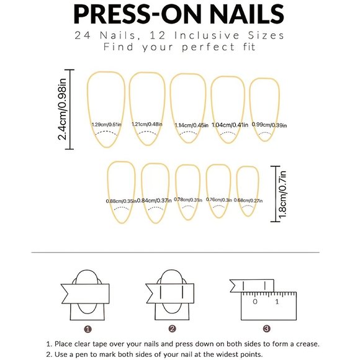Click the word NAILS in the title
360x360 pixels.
pyautogui.click(x=247, y=14)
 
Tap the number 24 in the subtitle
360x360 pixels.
pyautogui.click(x=83, y=35)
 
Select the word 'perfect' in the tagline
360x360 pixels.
pyautogui.click(x=209, y=47)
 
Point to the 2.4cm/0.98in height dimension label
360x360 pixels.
pyautogui.click(x=62, y=109)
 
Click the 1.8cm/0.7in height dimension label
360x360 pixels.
pyautogui.click(x=282, y=195)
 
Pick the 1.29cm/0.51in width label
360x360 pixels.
pyautogui.click(x=106, y=125)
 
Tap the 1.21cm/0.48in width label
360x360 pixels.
pyautogui.click(x=147, y=124)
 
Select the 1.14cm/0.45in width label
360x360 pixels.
pyautogui.click(x=191, y=125)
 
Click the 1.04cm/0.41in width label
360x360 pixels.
pyautogui.click(x=230, y=125)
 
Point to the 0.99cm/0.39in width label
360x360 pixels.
pyautogui.click(x=269, y=125)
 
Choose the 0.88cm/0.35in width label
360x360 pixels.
pyautogui.click(x=121, y=201)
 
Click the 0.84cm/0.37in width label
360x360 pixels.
pyautogui.click(x=155, y=200)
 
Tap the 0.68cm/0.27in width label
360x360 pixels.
pyautogui.click(x=248, y=200)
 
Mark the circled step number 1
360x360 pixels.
pyautogui.click(x=88, y=329)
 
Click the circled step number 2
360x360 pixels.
pyautogui.click(x=172, y=329)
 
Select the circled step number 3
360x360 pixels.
pyautogui.click(x=266, y=329)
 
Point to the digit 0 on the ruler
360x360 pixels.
pyautogui.click(x=255, y=302)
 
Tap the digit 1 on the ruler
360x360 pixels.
pyautogui.click(x=277, y=302)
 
